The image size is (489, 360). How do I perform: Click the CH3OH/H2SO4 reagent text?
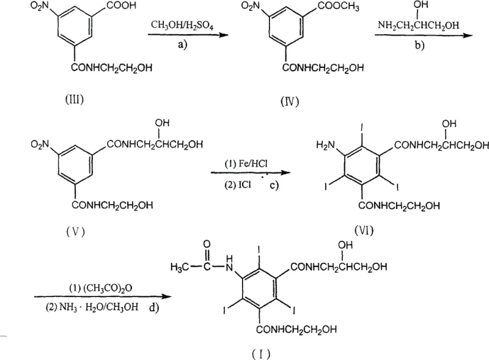click(180, 24)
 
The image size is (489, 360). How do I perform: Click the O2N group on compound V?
click(42, 145)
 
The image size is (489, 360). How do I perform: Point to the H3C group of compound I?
click(178, 268)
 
